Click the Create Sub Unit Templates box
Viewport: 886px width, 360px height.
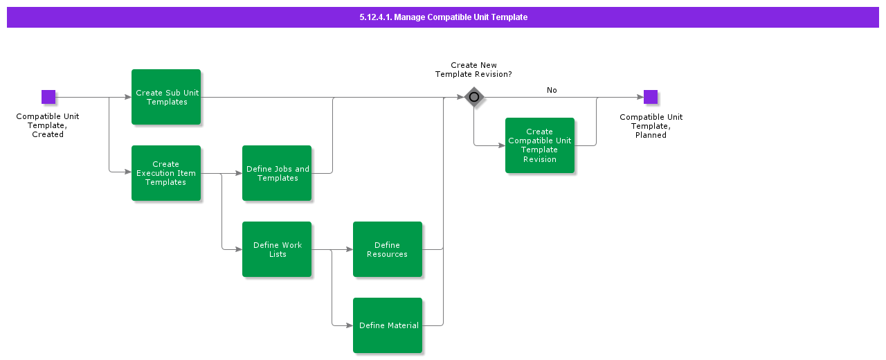[166, 97]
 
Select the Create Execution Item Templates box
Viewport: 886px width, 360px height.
[166, 173]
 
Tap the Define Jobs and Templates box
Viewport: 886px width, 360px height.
[277, 173]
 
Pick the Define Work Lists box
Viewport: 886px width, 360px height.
[277, 249]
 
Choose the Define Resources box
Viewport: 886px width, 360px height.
[388, 249]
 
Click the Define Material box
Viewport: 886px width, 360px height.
[388, 325]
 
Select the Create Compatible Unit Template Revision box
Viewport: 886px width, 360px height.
[540, 145]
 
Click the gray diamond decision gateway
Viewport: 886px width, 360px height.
[473, 97]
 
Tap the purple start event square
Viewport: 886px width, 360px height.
[48, 97]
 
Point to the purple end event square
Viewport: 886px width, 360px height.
[651, 97]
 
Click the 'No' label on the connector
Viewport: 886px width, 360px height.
[552, 90]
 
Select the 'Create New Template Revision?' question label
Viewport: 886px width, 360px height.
[473, 70]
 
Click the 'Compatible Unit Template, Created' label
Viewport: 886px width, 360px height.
[48, 125]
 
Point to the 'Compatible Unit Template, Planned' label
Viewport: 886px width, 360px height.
[651, 126]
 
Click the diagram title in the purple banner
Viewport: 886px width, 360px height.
[443, 17]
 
